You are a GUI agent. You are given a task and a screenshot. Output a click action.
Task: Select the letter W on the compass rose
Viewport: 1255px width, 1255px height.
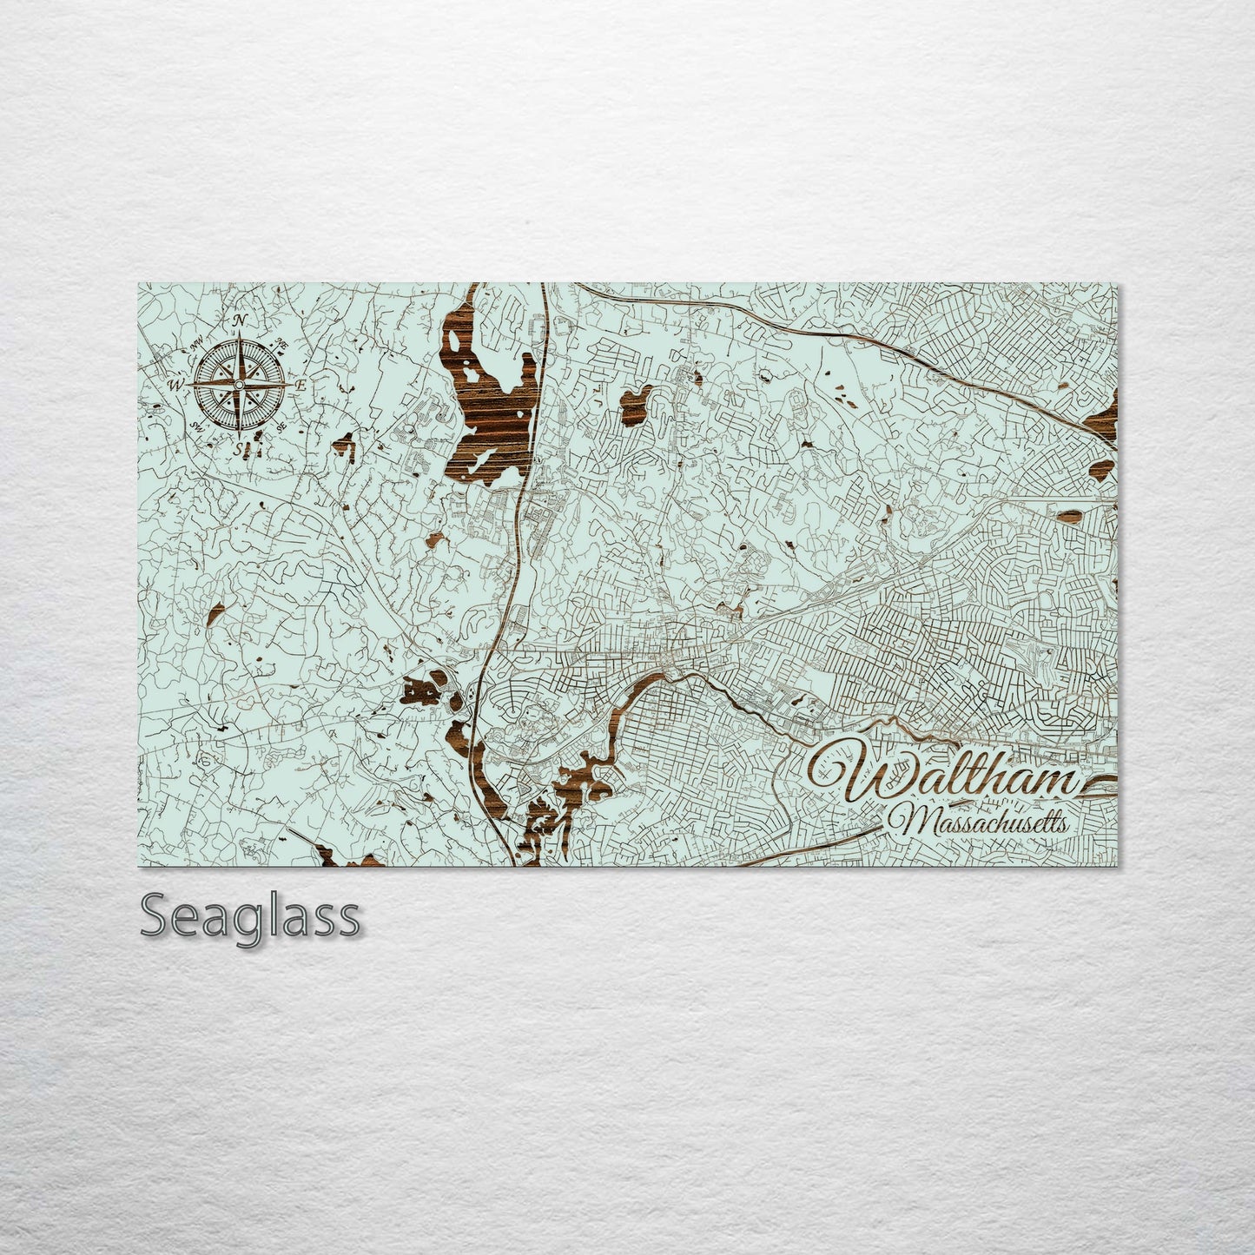(176, 384)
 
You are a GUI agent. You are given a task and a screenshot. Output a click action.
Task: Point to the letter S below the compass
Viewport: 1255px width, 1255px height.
(239, 448)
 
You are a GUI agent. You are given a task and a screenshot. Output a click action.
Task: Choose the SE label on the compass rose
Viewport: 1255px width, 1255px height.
(280, 426)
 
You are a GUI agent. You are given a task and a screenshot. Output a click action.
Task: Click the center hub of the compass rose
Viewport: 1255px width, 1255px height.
(240, 384)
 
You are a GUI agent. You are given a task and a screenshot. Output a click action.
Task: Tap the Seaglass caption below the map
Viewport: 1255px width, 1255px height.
(249, 917)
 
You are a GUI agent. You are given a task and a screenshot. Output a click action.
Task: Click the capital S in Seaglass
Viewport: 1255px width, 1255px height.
(154, 917)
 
